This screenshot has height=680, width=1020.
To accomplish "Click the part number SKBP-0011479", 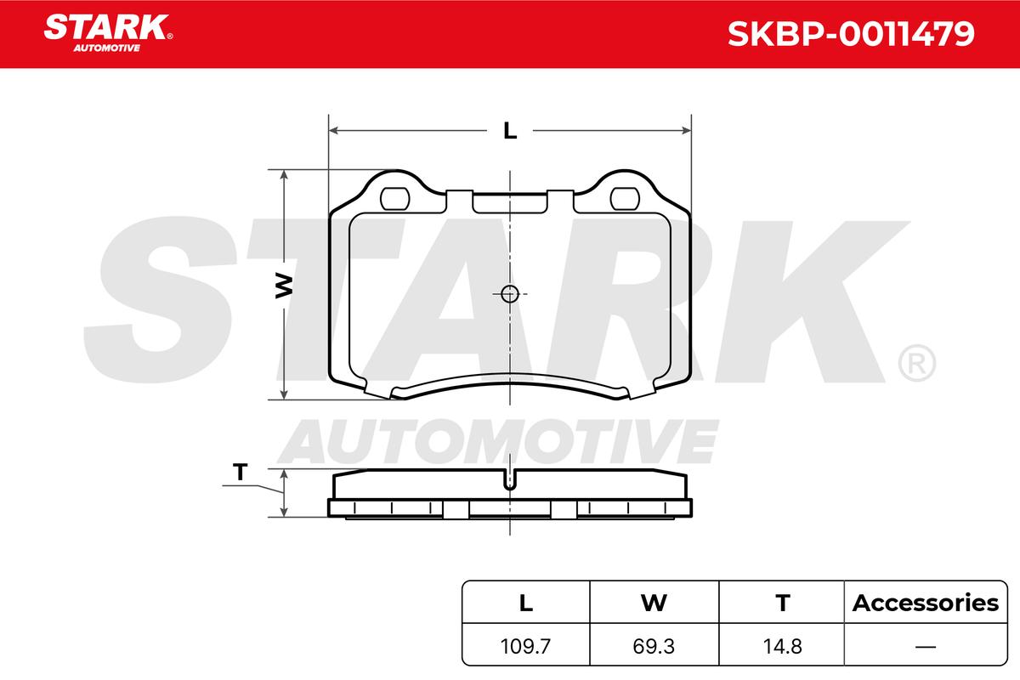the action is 851,34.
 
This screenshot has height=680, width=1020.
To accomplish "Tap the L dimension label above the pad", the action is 510,131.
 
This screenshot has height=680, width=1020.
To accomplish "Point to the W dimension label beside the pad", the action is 284,286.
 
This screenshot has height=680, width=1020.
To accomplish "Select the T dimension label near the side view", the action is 240,472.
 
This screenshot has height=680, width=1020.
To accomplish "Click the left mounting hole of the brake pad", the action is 394,199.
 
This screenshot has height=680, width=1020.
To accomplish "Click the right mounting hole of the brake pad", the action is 625,199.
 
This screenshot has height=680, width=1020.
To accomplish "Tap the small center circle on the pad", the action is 509,294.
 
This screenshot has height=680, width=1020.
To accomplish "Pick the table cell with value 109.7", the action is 526,646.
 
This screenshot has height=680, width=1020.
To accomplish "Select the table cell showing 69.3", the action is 654,646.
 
